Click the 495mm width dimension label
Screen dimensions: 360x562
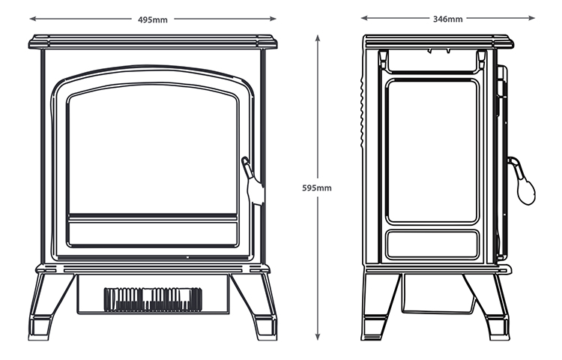(153, 19)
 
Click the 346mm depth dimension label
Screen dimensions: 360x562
(447, 19)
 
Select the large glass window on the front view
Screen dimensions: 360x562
(153, 150)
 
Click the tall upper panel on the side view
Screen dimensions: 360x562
(432, 150)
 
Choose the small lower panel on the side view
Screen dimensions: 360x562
(432, 244)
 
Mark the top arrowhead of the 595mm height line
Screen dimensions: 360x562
(318, 34)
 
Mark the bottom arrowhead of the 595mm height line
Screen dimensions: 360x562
(318, 340)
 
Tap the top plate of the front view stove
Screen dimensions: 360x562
(153, 41)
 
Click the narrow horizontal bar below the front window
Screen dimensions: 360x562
(153, 217)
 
